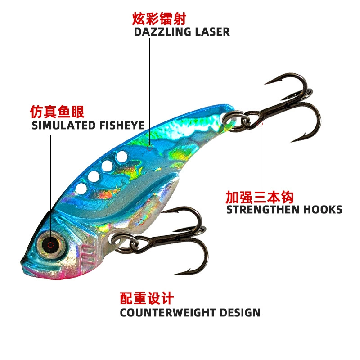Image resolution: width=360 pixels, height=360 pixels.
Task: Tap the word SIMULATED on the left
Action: (x=63, y=126)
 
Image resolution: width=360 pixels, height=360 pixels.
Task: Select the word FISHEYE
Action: (x=122, y=126)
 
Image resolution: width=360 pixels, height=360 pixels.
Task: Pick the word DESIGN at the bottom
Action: (x=240, y=313)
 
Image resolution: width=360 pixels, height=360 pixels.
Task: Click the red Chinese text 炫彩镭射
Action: (x=159, y=18)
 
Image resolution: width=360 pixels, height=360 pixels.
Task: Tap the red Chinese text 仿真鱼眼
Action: (x=57, y=112)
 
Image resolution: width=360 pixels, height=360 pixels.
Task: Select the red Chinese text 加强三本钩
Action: (x=260, y=197)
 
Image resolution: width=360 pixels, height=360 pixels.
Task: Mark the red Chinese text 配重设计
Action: (x=147, y=298)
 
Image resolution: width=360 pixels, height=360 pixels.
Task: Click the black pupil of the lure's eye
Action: (x=51, y=245)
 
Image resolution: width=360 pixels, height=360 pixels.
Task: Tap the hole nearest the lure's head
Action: (x=81, y=189)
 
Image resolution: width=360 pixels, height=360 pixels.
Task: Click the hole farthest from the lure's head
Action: (x=121, y=157)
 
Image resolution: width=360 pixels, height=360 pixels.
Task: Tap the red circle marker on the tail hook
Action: (x=260, y=123)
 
